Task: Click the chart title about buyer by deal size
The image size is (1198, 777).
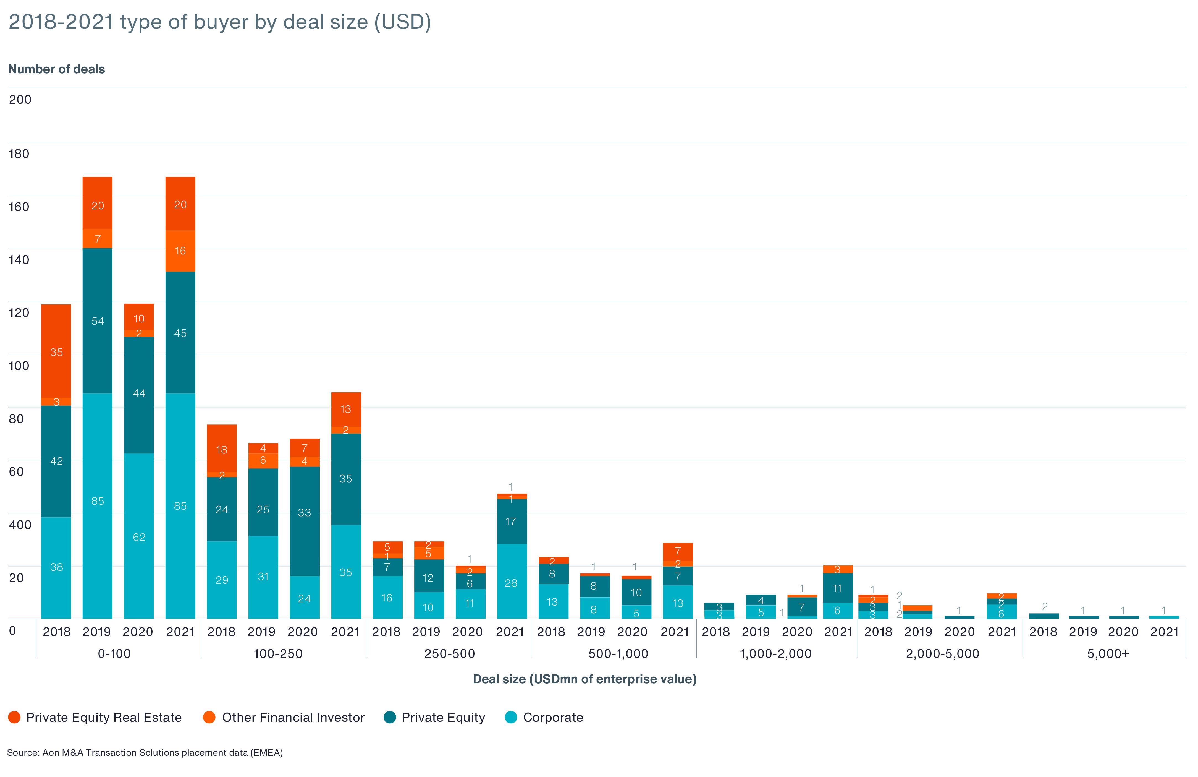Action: pos(220,22)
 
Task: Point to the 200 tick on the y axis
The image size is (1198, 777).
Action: pos(20,100)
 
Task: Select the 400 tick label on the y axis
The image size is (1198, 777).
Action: pos(20,525)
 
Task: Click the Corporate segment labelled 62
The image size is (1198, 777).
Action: pos(139,537)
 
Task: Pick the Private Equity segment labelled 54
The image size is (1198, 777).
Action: pos(98,321)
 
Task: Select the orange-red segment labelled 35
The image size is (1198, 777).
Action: pos(56,352)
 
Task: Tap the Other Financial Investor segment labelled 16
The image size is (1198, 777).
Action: pos(180,251)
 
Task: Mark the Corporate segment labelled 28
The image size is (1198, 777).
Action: pos(511,583)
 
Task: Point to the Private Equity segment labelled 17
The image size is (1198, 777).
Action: pos(511,521)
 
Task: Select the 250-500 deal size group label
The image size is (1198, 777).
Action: pos(450,654)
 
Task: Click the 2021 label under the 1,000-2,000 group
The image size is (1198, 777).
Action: pos(838,632)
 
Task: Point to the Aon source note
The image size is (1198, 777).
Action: pos(145,752)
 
